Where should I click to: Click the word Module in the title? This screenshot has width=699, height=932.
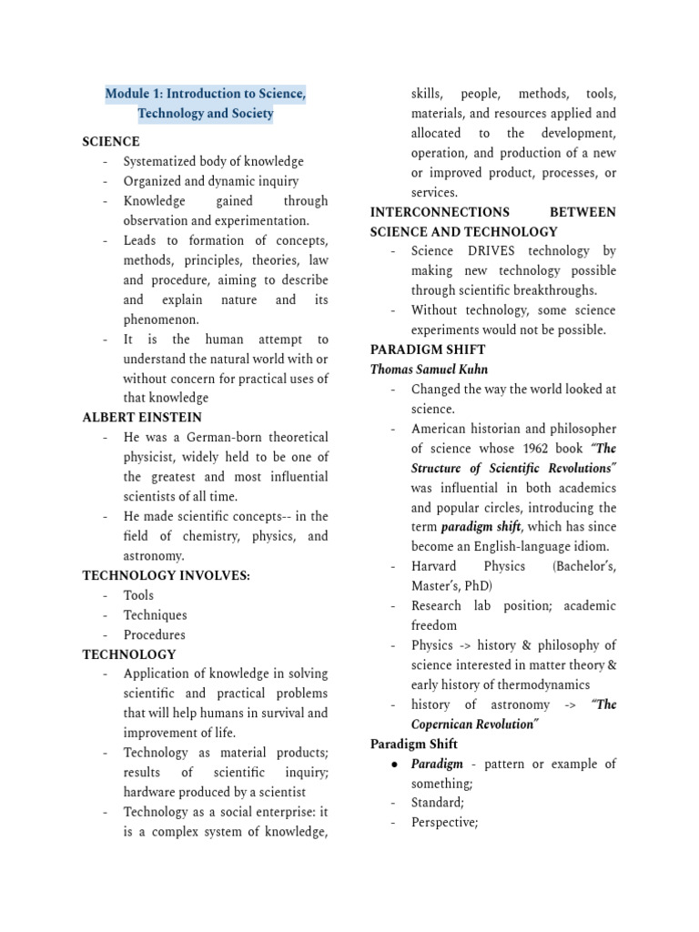click(129, 94)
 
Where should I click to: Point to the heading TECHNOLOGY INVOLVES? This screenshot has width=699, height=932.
click(166, 575)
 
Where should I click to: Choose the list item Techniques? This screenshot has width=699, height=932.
click(156, 615)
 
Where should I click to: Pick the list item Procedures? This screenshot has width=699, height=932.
click(155, 635)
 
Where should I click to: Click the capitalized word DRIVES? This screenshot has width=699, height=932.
click(491, 251)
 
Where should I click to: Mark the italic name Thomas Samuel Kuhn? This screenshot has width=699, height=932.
click(429, 370)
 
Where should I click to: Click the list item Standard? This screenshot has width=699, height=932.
click(438, 803)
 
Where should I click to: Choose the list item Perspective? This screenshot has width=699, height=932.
click(444, 823)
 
